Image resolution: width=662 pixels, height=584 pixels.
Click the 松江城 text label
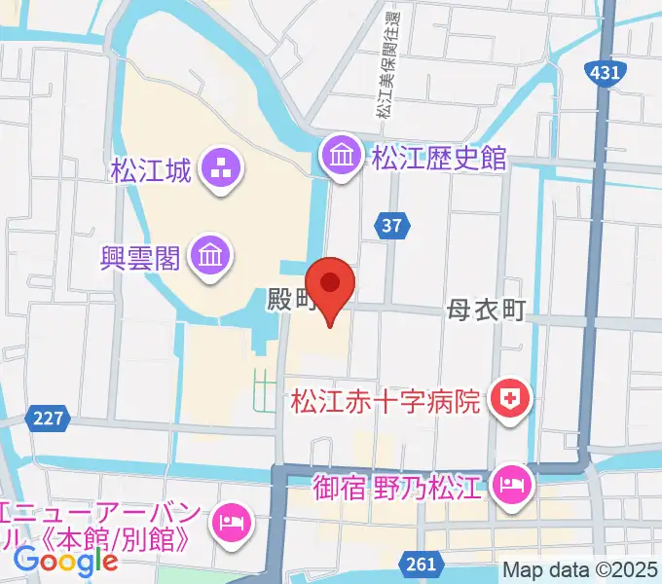pyautogui.click(x=150, y=172)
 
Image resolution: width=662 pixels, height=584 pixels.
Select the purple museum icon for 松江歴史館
pyautogui.click(x=342, y=156)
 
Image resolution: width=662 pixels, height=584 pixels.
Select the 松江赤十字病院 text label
pyautogui.click(x=387, y=400)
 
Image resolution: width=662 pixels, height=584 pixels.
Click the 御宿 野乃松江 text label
pyautogui.click(x=397, y=485)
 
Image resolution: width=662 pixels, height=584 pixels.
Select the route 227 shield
pyautogui.click(x=47, y=417)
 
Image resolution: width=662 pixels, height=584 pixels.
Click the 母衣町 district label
pyautogui.click(x=487, y=310)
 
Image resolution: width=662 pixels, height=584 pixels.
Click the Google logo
pyautogui.click(x=66, y=561)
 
